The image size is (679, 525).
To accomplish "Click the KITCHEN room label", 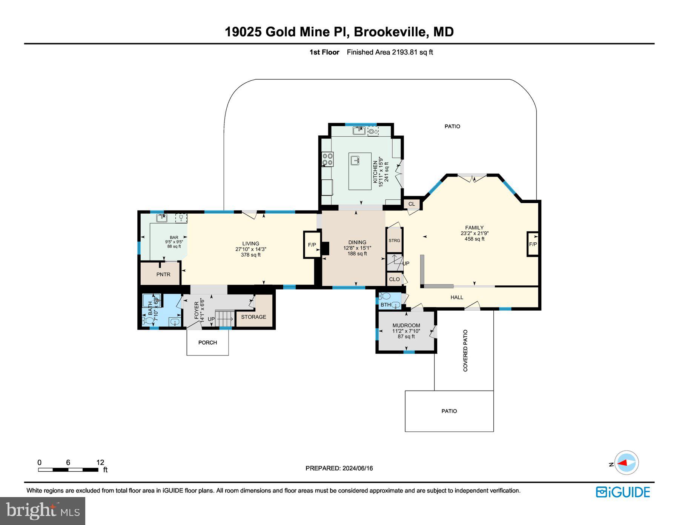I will [375, 172].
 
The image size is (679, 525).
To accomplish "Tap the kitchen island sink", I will [355, 160].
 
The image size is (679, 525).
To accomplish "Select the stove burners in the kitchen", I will [327, 159].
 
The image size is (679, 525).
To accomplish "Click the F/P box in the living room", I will [312, 245].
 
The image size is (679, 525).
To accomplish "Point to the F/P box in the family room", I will [533, 244].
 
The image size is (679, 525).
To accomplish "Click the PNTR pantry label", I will [163, 274].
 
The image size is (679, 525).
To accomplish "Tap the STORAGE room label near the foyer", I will [253, 317].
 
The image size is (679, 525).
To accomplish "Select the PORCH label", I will [207, 342].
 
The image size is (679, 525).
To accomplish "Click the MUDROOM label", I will [406, 325].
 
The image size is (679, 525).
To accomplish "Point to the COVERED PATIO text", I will [465, 351].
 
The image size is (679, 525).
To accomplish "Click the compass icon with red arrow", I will [626, 462].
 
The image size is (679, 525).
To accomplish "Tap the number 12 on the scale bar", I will [100, 462].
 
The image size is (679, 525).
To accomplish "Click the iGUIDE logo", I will [623, 492].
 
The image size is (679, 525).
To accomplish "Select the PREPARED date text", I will [339, 468].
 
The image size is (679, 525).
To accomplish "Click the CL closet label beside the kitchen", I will [412, 204].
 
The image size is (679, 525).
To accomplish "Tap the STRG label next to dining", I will [394, 240].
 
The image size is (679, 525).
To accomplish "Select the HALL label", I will [456, 297].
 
